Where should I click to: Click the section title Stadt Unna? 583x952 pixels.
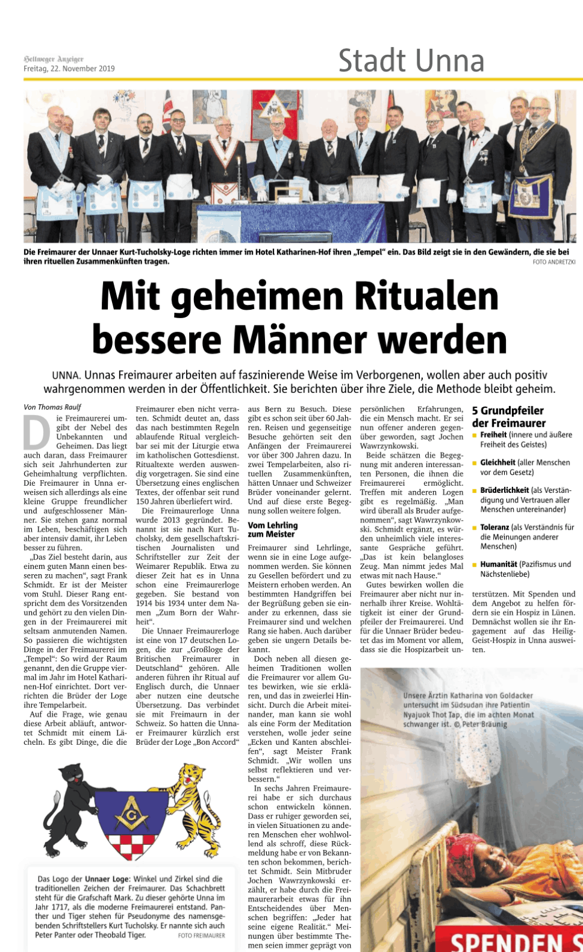pos(411,61)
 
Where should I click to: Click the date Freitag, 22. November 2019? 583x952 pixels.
pos(69,69)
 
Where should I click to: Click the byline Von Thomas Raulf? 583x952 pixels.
pos(52,407)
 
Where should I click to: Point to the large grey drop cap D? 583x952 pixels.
pos(37,433)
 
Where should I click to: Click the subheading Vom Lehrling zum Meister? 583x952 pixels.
pos(273,530)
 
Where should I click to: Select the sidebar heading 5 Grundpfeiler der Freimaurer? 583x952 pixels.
pos(508,417)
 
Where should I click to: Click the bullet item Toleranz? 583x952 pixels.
pos(494,527)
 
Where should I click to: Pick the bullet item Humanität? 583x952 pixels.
pos(499,565)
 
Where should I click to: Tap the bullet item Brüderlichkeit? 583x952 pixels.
pos(504,490)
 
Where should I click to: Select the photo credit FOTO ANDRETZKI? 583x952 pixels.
pos(553,262)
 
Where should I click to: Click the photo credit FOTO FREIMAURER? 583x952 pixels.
pos(201,936)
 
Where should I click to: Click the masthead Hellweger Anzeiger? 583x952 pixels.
pos(54,59)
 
